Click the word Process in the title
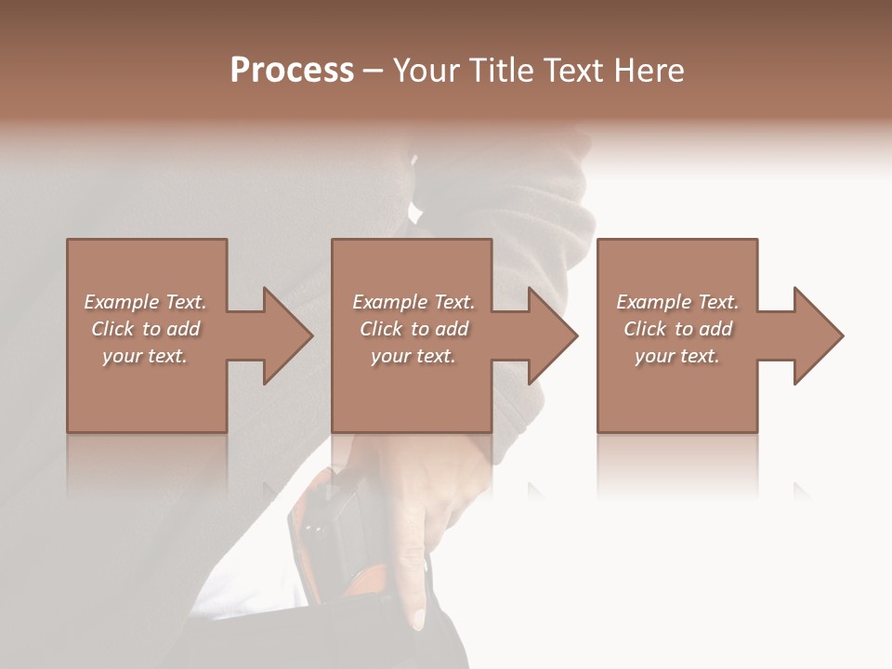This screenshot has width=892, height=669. coord(292,71)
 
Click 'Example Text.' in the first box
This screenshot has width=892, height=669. coord(145,302)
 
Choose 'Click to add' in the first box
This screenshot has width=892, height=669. coord(145,329)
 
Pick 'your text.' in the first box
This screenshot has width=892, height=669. coord(145,356)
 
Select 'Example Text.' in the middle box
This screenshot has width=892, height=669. coord(413,302)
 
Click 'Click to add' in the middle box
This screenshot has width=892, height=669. coord(413,329)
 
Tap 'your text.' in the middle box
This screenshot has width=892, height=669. coord(413,356)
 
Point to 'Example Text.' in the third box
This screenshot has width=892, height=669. coord(677,302)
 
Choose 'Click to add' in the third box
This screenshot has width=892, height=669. coord(677,329)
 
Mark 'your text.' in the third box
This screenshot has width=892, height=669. coord(677,356)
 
